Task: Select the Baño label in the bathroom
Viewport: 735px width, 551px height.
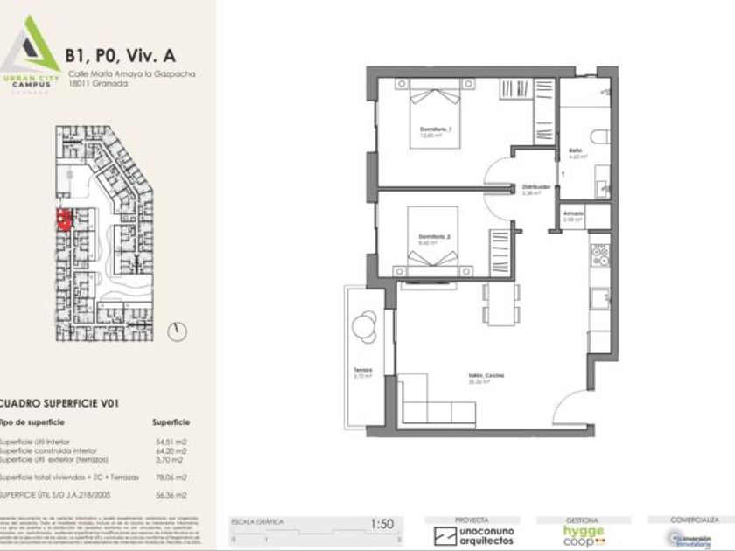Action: tap(575, 151)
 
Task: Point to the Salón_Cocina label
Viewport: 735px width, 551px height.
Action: tap(486, 375)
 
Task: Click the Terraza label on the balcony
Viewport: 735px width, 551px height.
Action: tap(362, 369)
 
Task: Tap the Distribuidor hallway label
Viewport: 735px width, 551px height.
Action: tap(535, 187)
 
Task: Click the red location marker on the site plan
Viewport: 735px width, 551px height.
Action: tap(63, 219)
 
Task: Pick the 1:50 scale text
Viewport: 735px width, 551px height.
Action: tap(382, 524)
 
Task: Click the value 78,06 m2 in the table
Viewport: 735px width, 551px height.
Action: tap(171, 478)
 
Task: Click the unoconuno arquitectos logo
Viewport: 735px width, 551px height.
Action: tap(475, 533)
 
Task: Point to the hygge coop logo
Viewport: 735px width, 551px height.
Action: tap(584, 534)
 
